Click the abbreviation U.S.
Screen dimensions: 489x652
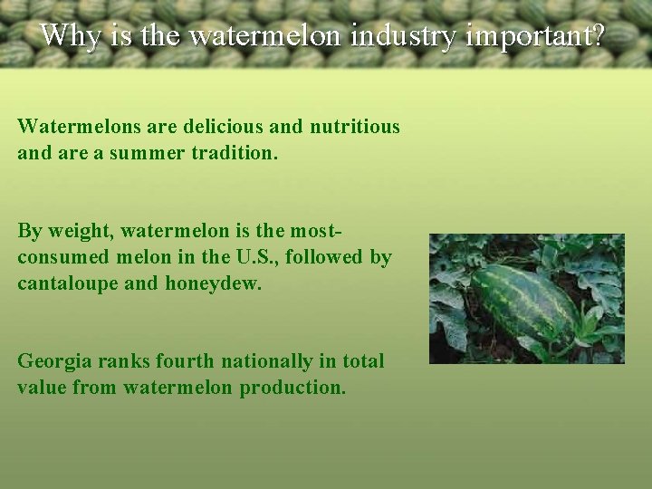pos(258,257)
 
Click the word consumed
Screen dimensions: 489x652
pos(61,257)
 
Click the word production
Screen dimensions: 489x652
pos(292,388)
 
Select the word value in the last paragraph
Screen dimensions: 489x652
pos(42,388)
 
